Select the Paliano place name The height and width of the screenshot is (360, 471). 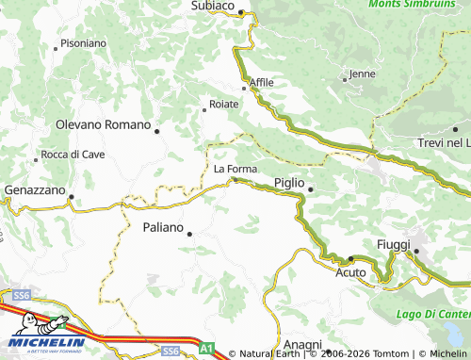163,227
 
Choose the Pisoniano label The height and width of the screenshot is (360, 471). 83,43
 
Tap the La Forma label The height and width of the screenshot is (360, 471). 235,169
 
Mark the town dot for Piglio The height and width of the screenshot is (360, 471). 310,190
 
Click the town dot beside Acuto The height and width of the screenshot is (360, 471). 349,258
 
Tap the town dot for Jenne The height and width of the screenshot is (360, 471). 345,79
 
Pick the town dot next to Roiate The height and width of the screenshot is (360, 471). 204,110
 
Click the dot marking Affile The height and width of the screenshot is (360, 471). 244,89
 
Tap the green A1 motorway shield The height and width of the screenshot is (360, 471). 206,348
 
